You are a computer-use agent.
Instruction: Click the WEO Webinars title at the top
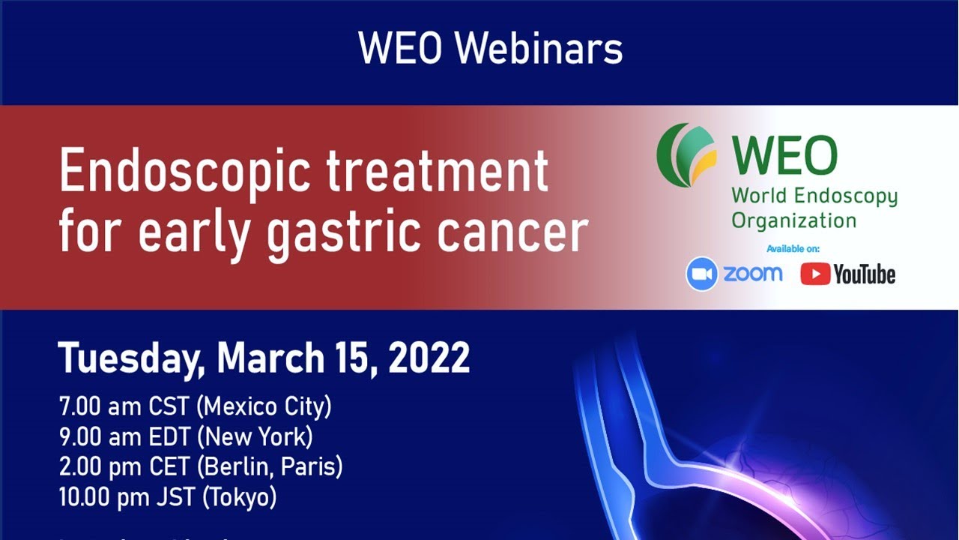[x=490, y=49]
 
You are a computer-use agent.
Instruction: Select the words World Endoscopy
[x=814, y=196]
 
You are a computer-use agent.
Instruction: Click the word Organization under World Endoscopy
[x=793, y=220]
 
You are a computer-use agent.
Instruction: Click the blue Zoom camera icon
[x=702, y=274]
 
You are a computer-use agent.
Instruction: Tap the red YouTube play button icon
[x=815, y=274]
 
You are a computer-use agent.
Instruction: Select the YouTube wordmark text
[x=865, y=275]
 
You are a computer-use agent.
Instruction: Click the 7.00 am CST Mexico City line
[x=195, y=407]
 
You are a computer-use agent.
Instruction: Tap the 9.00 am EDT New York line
[x=186, y=436]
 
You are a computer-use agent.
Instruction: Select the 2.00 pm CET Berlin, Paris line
[x=201, y=466]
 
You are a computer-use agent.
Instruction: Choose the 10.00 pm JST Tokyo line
[x=168, y=496]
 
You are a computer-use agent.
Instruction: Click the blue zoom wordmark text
[x=752, y=274]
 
